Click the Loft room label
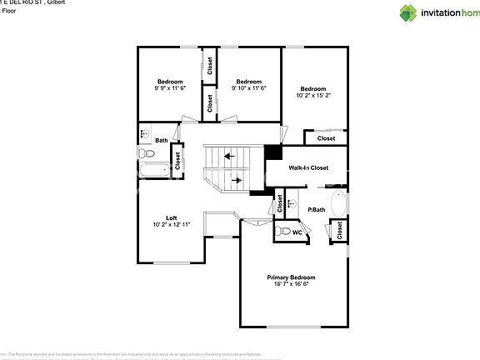(171, 218)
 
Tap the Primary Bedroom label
(291, 277)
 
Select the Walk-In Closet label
(308, 167)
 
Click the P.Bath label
(316, 209)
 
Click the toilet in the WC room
(284, 232)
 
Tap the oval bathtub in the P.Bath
(338, 202)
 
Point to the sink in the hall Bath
(143, 132)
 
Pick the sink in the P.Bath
(291, 202)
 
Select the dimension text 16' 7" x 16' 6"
(291, 284)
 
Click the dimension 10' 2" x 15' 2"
(313, 96)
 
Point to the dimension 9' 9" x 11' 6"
(170, 87)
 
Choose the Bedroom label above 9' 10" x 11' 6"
(249, 81)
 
